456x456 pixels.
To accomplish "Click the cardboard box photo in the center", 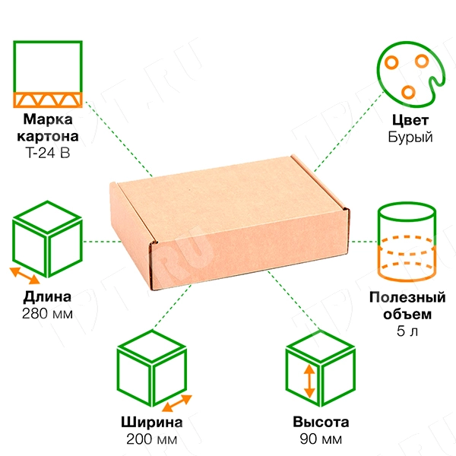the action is [230, 223].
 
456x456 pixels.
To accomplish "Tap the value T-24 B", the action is [48, 153].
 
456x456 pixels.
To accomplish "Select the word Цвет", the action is [410, 120].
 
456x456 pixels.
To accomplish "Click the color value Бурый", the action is [410, 137].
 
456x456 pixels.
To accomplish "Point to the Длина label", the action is [47, 296].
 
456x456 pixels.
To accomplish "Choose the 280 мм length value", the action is [47, 313].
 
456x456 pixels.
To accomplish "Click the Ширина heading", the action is [152, 422].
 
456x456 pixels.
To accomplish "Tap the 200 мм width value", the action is [152, 439].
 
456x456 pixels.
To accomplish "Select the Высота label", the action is [321, 422].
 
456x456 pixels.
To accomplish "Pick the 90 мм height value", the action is [321, 439].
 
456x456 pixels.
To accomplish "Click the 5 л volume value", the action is [407, 331].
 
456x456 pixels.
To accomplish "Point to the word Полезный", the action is [407, 297].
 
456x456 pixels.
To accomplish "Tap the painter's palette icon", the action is [410, 74].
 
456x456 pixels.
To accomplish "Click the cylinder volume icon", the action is [407, 242].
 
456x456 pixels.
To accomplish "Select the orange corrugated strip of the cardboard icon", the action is [48, 100].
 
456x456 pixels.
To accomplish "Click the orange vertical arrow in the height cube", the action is [309, 382].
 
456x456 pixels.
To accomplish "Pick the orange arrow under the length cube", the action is [25, 276].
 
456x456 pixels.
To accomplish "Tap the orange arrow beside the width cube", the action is [177, 403].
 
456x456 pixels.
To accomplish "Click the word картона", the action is [48, 136].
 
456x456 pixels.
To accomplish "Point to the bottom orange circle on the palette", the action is [408, 92].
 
